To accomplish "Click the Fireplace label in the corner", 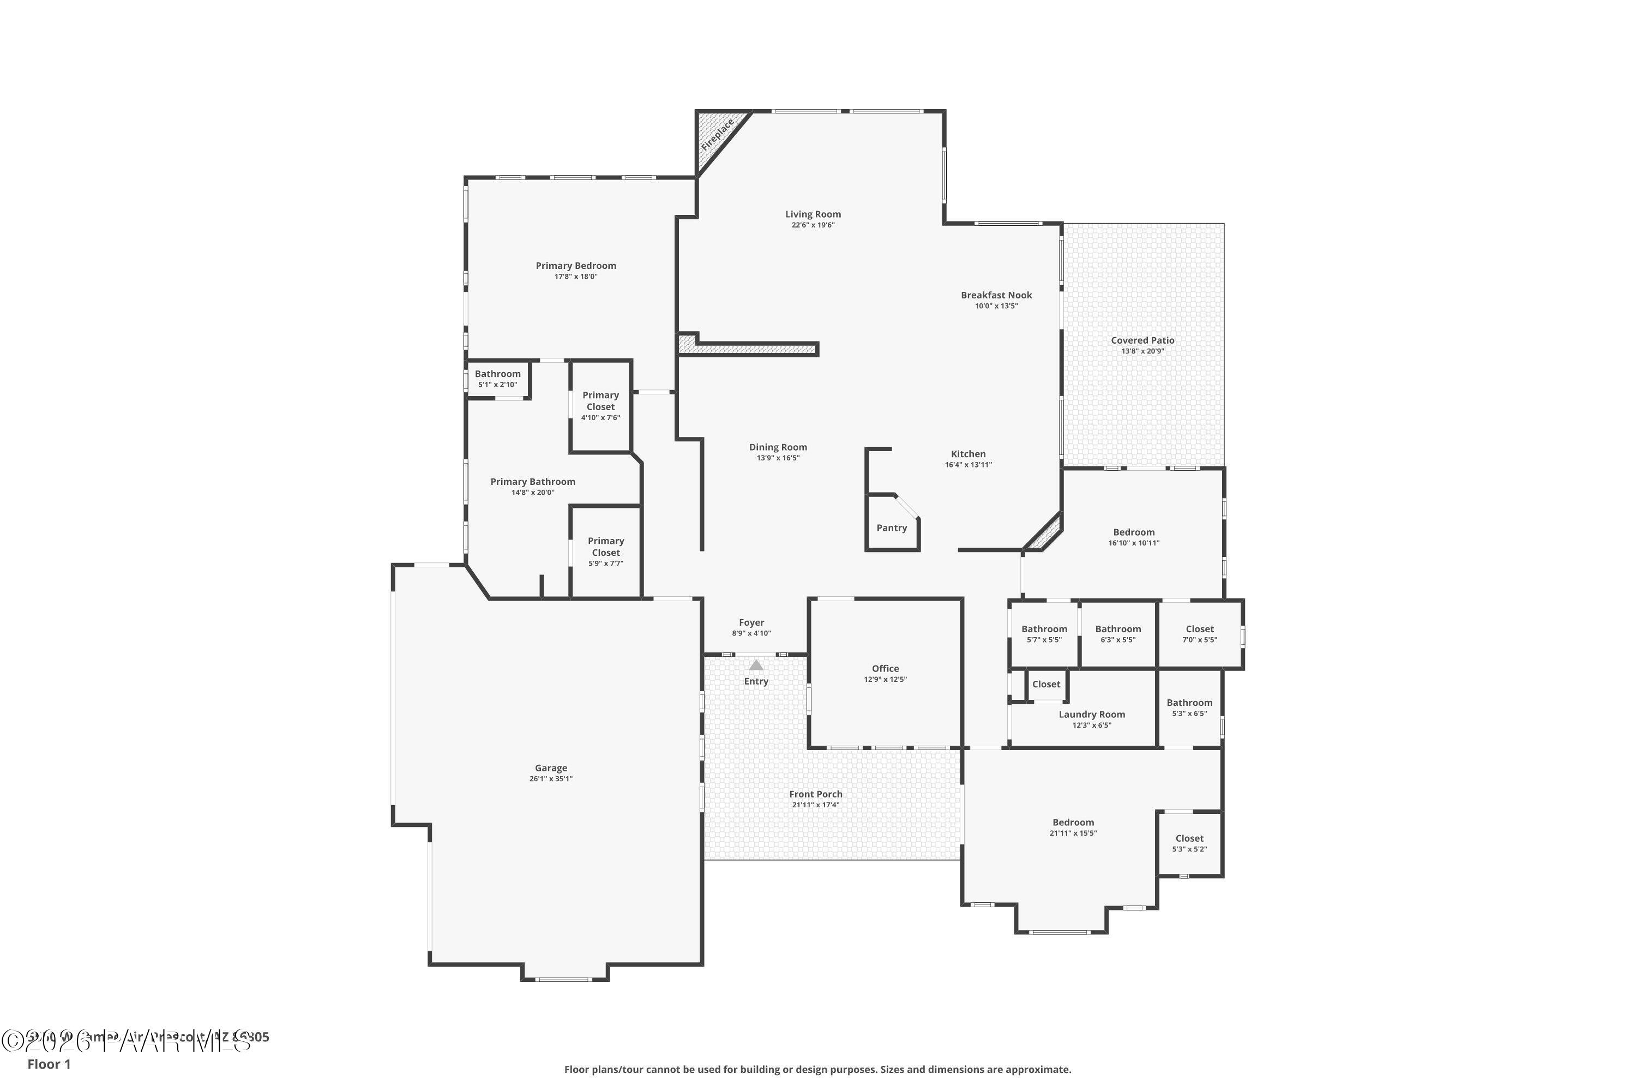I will [x=717, y=135].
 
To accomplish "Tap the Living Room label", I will [x=813, y=214].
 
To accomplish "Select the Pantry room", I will [x=891, y=528].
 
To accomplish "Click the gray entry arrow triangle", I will [x=756, y=665].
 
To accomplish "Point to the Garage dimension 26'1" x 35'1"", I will [x=550, y=780].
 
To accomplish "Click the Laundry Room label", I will [x=1091, y=715].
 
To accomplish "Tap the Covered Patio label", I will [x=1142, y=340].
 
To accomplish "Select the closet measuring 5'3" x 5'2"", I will [x=1189, y=843].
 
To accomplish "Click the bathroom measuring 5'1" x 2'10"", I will [x=497, y=379].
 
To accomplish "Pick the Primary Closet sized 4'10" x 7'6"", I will [x=600, y=406].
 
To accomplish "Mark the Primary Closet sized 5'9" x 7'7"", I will [x=605, y=551].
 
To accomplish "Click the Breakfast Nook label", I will [x=996, y=295].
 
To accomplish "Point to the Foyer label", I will [x=751, y=623].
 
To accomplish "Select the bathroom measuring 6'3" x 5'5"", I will [x=1118, y=634].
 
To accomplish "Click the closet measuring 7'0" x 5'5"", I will [x=1199, y=634].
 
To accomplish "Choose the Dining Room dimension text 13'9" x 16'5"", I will [x=778, y=459].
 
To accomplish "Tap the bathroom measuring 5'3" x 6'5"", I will [x=1189, y=708].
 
